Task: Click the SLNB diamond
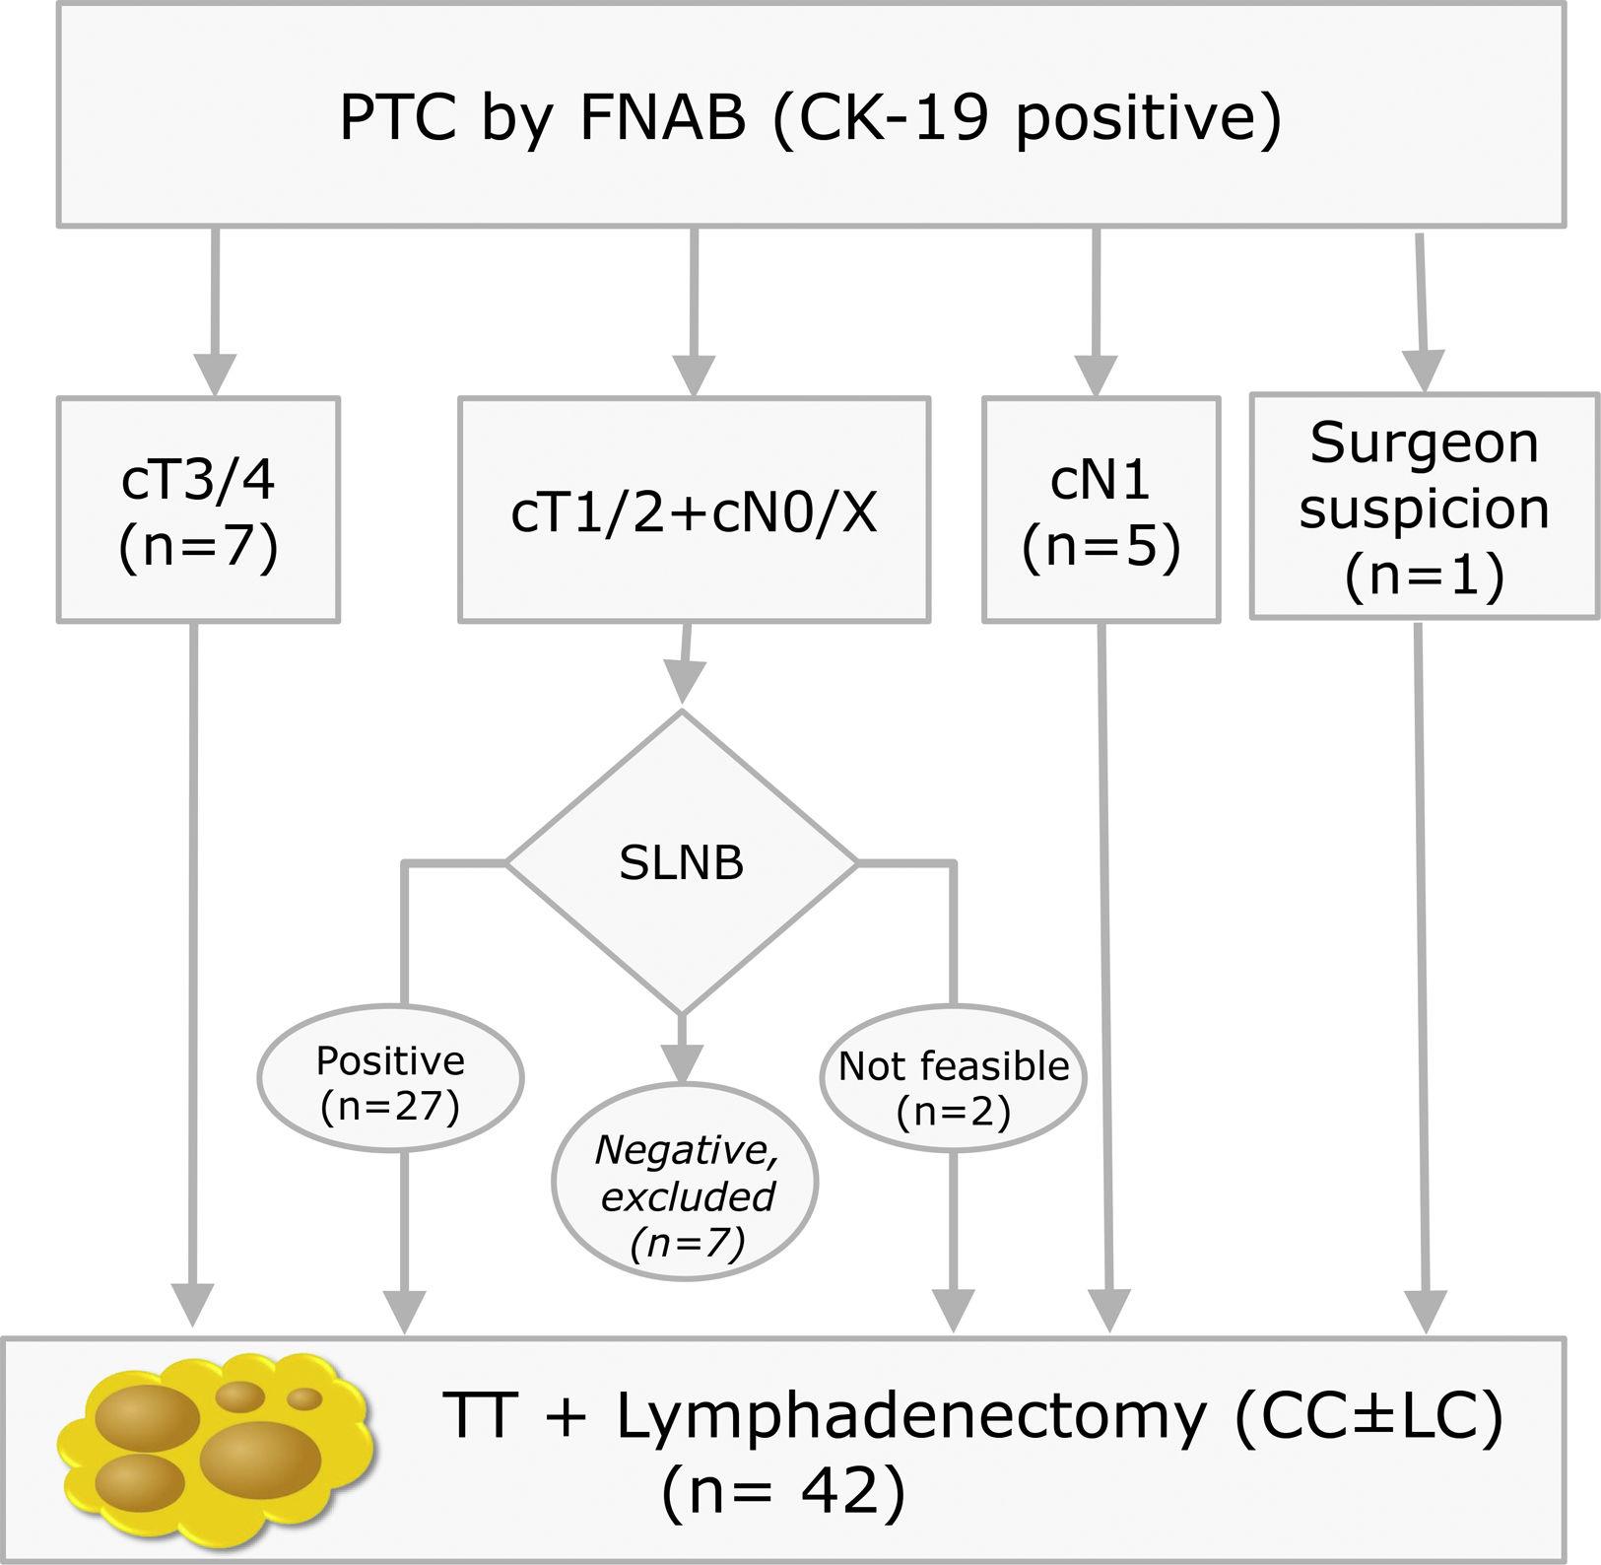(681, 863)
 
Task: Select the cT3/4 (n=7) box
(198, 510)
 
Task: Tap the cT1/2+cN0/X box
(694, 510)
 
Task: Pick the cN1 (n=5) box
(1101, 510)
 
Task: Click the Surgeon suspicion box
(1424, 507)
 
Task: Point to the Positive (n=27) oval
(390, 1080)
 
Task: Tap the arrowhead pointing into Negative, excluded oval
(681, 1062)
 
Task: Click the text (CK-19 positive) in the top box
(1027, 118)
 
